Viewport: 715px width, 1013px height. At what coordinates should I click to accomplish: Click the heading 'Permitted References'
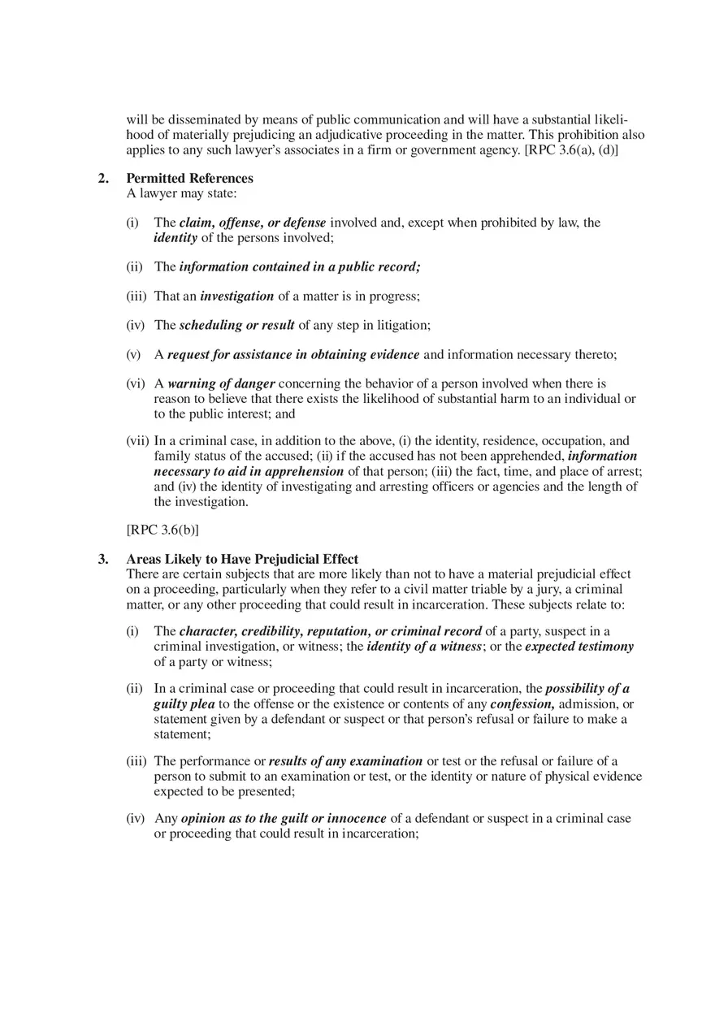coord(189,179)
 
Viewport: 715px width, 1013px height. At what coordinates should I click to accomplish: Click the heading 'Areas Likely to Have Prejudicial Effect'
coord(242,560)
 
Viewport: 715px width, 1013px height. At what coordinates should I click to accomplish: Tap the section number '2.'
coord(103,179)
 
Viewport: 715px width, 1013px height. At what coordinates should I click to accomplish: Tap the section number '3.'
coord(103,560)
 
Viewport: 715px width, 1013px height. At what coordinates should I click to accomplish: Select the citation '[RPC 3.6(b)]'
coord(162,530)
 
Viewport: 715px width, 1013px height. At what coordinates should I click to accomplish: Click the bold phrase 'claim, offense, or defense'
coord(253,223)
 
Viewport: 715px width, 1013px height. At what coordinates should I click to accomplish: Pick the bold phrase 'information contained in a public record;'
coord(300,266)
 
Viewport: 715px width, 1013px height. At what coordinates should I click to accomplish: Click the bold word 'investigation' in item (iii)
coord(236,297)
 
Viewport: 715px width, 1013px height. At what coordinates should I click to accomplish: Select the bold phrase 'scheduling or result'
coord(236,326)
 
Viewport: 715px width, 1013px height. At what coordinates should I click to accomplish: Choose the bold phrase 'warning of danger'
coord(221,383)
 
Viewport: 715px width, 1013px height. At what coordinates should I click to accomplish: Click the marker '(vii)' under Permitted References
coord(137,441)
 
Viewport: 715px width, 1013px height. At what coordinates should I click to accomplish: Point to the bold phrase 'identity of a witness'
coord(424,647)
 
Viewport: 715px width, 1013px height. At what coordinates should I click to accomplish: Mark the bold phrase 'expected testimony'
coord(579,647)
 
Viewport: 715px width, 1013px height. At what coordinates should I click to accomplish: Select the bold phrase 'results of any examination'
coord(345,762)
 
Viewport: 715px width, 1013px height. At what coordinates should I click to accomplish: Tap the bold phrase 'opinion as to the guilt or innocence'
coord(284,819)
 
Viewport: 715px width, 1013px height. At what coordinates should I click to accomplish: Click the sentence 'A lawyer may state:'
coord(181,193)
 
